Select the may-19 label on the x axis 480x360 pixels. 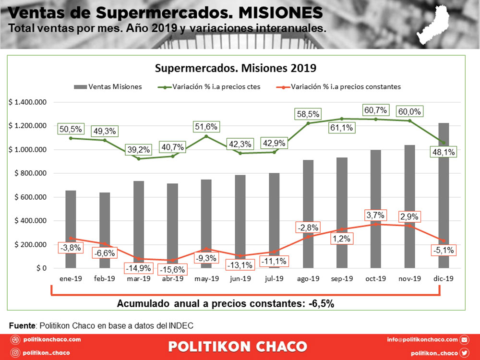(206, 278)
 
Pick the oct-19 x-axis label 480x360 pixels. (375, 278)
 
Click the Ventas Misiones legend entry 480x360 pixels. (108, 87)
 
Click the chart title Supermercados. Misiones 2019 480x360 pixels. (235, 68)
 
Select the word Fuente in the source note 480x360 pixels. (23, 326)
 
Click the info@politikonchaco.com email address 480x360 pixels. (422, 340)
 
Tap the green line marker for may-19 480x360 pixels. (206, 136)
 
